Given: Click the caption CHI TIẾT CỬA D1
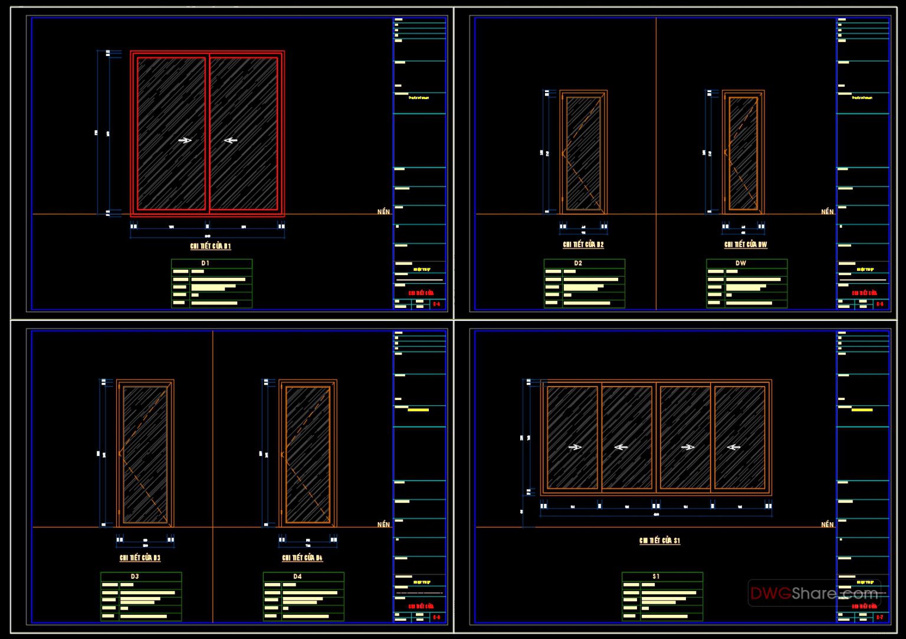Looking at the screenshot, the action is tap(211, 246).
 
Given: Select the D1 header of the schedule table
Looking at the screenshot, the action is tap(205, 263).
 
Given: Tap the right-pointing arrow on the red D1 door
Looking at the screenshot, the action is tap(185, 140).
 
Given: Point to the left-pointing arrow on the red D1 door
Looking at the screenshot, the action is tap(231, 140).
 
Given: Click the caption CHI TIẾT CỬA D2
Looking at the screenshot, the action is tap(583, 244).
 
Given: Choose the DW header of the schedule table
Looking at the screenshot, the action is tap(741, 263).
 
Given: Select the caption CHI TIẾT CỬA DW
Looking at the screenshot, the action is tap(746, 244).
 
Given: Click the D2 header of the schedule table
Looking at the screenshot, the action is tap(578, 263).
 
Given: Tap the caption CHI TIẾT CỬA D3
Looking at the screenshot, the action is tap(140, 558).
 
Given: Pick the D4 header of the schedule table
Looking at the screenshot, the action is tap(297, 576).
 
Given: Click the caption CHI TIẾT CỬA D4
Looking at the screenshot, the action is tap(302, 558).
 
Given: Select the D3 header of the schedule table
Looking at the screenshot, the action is tap(134, 576).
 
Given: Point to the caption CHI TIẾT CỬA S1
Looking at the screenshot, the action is tap(659, 540).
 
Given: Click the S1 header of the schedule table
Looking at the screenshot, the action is tap(656, 576).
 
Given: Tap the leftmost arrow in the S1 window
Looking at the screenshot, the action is tap(575, 447).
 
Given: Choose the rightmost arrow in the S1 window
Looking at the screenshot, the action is tap(733, 447).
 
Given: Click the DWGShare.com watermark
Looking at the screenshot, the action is tap(814, 593).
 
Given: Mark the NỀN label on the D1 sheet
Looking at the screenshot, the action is tap(383, 212).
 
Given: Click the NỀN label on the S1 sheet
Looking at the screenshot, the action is tap(827, 525).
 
